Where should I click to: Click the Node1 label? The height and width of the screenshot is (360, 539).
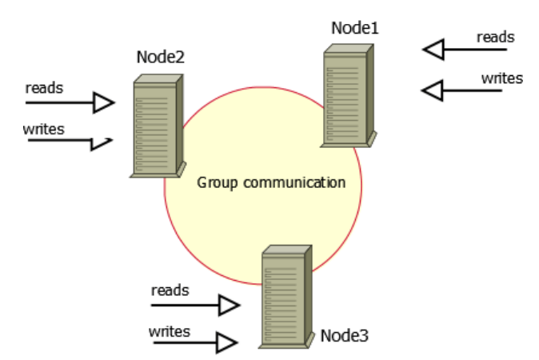tap(354, 29)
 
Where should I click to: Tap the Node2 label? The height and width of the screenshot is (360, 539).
tap(162, 58)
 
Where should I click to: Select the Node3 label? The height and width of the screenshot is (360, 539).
tap(344, 334)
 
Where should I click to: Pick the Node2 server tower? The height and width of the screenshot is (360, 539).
tap(157, 126)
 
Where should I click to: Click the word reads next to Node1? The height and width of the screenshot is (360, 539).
tap(495, 37)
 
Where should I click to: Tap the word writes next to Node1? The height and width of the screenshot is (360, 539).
tap(501, 78)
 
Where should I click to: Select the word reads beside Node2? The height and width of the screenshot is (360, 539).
tap(44, 87)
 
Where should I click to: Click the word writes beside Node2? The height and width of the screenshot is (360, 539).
tap(43, 127)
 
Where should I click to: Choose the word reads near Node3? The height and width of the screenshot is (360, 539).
tap(170, 290)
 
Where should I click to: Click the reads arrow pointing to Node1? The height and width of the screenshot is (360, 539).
tap(464, 50)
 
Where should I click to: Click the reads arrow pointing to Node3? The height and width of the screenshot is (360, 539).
tap(195, 305)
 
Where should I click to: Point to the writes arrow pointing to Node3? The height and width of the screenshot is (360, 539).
tap(193, 344)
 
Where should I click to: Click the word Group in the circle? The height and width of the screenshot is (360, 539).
tap(216, 182)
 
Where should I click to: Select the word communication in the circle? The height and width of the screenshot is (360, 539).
tap(293, 182)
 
